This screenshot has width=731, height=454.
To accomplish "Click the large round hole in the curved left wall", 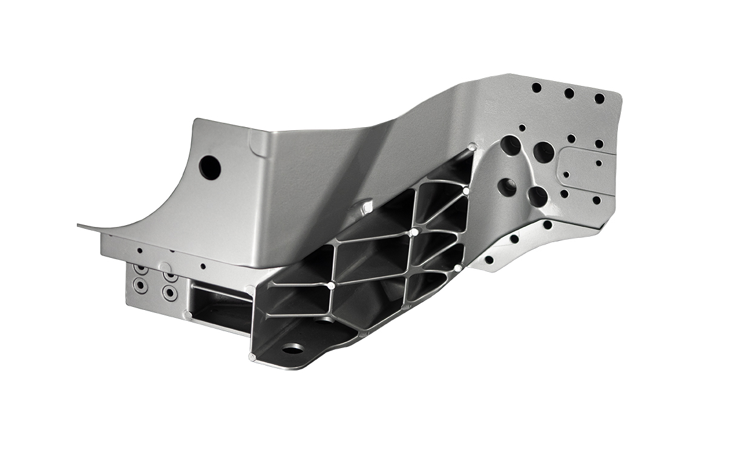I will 210,167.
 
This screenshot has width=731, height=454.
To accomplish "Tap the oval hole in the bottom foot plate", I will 293,349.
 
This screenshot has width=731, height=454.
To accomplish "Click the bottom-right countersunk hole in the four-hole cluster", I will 171,293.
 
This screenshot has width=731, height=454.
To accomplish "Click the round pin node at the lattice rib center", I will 414,232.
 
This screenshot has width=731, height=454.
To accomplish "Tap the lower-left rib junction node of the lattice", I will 331,285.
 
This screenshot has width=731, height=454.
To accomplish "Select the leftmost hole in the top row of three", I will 536,88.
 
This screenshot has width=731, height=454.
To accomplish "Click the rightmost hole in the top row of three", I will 599,98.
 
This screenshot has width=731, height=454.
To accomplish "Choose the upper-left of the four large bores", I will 511,145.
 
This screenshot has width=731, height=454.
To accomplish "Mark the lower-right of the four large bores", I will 537,196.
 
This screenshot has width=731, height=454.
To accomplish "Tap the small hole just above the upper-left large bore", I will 522,128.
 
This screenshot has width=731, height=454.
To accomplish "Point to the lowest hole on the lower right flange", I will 489,260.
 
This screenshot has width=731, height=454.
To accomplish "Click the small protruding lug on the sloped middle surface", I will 366,207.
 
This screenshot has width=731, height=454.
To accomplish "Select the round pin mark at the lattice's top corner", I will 472,147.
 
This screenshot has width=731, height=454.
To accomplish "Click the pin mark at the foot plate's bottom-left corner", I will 252,357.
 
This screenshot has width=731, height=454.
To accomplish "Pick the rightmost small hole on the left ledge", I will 203,266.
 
